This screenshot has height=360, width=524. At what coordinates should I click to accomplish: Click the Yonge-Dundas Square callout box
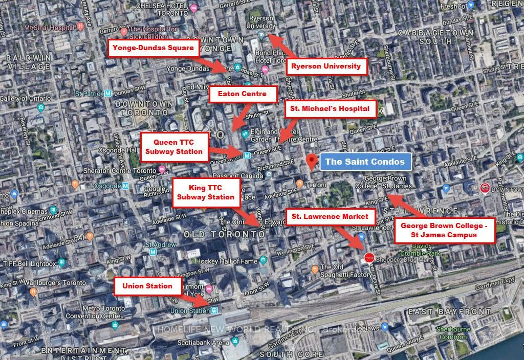click(x=153, y=48)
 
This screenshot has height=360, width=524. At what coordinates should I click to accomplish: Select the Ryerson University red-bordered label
click(x=326, y=66)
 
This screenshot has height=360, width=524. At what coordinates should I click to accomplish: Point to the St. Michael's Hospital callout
click(x=330, y=108)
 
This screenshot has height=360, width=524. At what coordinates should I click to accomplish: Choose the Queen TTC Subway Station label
click(x=174, y=147)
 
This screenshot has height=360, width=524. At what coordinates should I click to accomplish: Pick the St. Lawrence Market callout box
click(x=330, y=216)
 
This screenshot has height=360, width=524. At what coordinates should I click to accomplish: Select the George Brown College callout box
click(x=444, y=230)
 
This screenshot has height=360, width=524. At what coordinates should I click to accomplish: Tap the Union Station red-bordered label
click(x=147, y=286)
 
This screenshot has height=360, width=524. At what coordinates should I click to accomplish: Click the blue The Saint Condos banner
click(x=365, y=162)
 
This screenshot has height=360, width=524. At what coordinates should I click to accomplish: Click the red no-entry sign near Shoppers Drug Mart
click(x=369, y=258)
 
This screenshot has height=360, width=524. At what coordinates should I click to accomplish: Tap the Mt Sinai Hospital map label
click(x=51, y=26)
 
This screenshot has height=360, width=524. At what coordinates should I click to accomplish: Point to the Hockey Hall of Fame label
click(x=227, y=261)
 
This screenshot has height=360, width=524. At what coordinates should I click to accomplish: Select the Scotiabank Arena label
click(x=205, y=343)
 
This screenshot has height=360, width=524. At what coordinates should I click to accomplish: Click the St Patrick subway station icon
click(x=108, y=94)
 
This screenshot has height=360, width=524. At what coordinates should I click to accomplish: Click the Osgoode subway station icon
click(x=125, y=186)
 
